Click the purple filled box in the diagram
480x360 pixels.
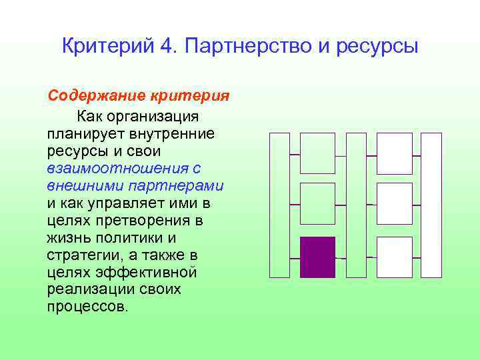pyautogui.click(x=317, y=257)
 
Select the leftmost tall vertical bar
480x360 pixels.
pyautogui.click(x=279, y=205)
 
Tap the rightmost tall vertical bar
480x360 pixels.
pyautogui.click(x=431, y=205)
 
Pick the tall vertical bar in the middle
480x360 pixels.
pyautogui.click(x=356, y=205)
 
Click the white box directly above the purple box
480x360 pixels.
pyautogui.click(x=317, y=203)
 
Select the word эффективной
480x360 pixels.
pyautogui.click(x=151, y=273)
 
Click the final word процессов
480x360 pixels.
pyautogui.click(x=87, y=307)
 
